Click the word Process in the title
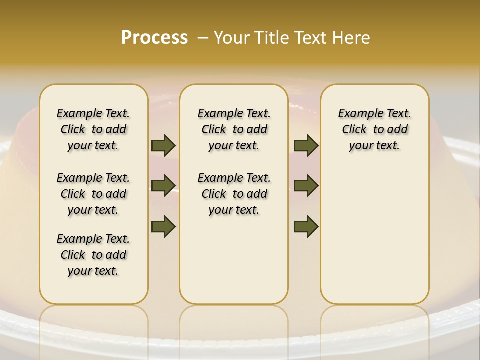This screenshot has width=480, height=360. tap(154, 37)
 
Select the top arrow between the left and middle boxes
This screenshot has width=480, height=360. tap(163, 145)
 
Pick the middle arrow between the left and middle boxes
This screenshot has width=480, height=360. tap(163, 186)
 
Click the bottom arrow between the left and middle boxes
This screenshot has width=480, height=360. tap(163, 226)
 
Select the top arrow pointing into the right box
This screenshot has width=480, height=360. tap(306, 145)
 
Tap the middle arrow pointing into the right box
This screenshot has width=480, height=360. tap(306, 186)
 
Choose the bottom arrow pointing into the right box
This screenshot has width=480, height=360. tap(306, 226)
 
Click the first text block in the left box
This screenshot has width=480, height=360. tap(93, 129)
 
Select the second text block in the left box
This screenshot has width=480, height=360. tap(93, 194)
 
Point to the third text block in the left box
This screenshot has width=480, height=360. tap(93, 255)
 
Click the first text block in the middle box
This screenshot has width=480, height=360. tap(234, 129)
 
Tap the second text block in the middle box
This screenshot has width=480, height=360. tap(234, 194)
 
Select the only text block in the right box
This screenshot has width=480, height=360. tap(374, 129)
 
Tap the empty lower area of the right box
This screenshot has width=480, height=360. tap(374, 240)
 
